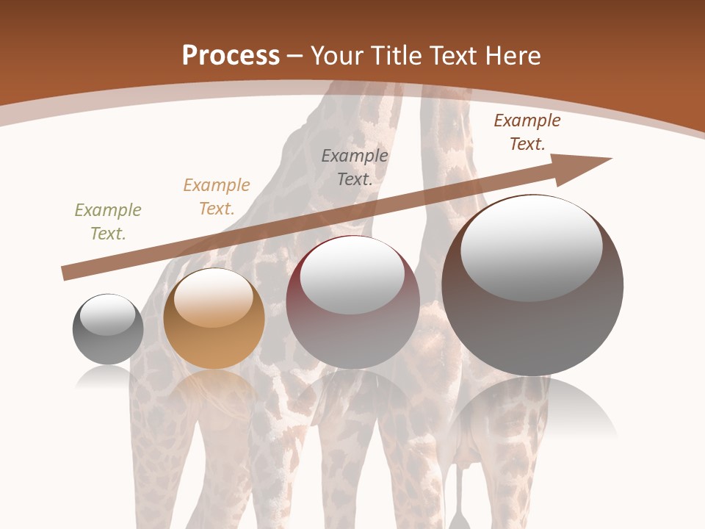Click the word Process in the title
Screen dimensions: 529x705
tap(231, 55)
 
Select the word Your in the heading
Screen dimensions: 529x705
tap(336, 55)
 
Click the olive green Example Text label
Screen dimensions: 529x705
tap(107, 222)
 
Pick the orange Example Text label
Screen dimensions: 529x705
tap(216, 197)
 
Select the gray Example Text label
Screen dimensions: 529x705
tap(355, 167)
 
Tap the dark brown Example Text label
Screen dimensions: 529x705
tap(527, 132)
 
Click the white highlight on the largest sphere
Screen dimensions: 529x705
tap(532, 248)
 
